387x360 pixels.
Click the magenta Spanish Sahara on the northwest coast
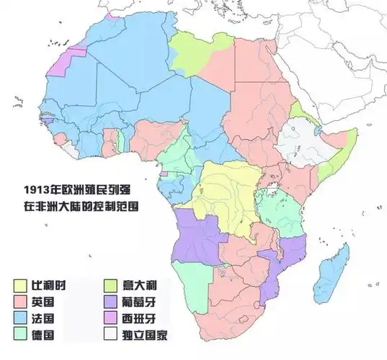point(72,60)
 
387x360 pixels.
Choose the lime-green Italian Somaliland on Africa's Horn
point(335,162)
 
